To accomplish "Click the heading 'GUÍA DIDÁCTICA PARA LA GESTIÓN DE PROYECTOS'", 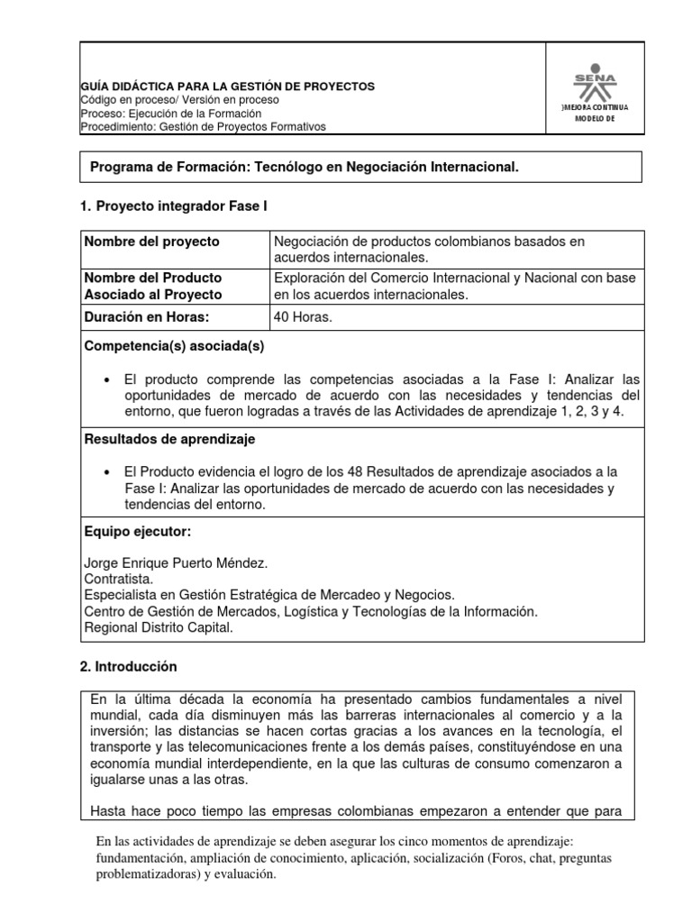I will (x=228, y=87).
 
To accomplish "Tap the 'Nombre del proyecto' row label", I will (x=151, y=242).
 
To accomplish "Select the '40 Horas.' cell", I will (x=304, y=317).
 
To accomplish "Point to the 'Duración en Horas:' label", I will (x=147, y=317).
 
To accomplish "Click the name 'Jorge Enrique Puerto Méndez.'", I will (x=176, y=563).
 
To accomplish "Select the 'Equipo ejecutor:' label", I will (x=137, y=532).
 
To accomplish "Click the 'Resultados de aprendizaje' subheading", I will (x=169, y=439).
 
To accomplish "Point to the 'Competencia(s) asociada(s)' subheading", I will (x=174, y=345).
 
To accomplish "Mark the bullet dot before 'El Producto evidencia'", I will (x=107, y=472).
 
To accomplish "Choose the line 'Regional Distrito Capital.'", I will (x=158, y=627).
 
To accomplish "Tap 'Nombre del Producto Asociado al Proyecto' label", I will (x=153, y=286).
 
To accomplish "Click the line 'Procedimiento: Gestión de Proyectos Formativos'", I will (x=204, y=127).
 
